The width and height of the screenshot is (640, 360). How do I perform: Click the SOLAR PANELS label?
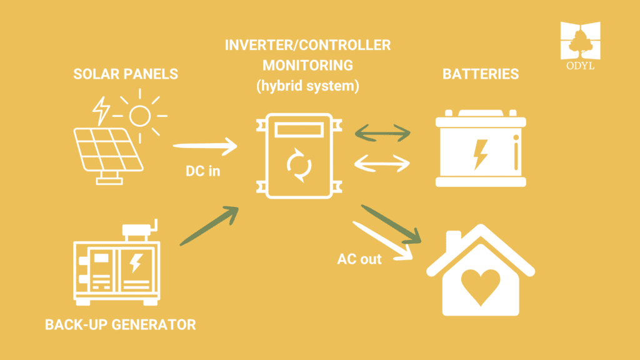click(x=126, y=74)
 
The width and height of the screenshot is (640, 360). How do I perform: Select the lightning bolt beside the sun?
click(x=101, y=111)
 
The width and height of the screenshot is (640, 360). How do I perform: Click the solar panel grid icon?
click(x=108, y=149)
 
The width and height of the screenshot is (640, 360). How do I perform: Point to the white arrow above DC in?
click(x=205, y=147)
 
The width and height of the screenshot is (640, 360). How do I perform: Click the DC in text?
click(x=202, y=171)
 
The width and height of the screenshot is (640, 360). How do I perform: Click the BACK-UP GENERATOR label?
click(x=121, y=325)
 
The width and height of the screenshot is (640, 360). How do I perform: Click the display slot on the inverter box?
click(x=298, y=130)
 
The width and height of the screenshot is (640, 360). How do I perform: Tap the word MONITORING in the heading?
click(x=307, y=65)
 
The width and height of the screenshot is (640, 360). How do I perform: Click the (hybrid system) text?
click(x=307, y=86)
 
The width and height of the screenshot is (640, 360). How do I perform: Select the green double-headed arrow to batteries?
click(x=382, y=132)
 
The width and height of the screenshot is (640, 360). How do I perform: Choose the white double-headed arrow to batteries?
click(x=382, y=164)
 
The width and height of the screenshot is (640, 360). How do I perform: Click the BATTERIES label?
click(x=481, y=74)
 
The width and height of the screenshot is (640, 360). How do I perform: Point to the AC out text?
click(x=359, y=258)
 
